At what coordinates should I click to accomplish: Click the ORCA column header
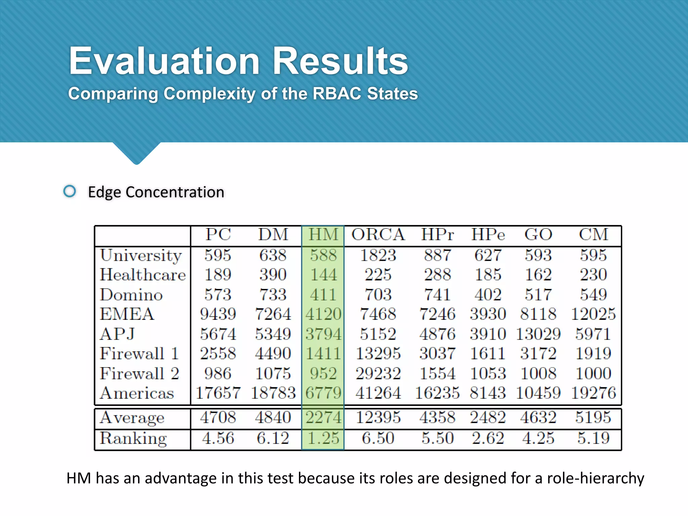(378, 234)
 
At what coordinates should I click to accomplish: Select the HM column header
(323, 234)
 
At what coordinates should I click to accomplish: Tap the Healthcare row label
(143, 275)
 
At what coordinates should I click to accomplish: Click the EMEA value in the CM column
(593, 314)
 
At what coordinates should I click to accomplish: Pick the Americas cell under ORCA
(378, 393)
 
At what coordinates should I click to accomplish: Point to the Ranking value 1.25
(323, 438)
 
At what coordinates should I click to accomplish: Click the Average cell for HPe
(488, 417)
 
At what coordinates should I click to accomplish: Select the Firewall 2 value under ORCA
(378, 373)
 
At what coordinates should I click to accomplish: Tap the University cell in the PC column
(218, 255)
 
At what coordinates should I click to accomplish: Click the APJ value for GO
(538, 334)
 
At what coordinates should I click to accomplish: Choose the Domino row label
(131, 295)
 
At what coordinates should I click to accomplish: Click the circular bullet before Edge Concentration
(70, 191)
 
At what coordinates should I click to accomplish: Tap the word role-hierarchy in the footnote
(595, 478)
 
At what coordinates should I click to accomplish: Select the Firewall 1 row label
(139, 353)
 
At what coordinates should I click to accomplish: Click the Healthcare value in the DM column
(273, 275)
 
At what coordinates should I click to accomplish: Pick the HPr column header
(437, 234)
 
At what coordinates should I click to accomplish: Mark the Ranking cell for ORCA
(378, 438)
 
